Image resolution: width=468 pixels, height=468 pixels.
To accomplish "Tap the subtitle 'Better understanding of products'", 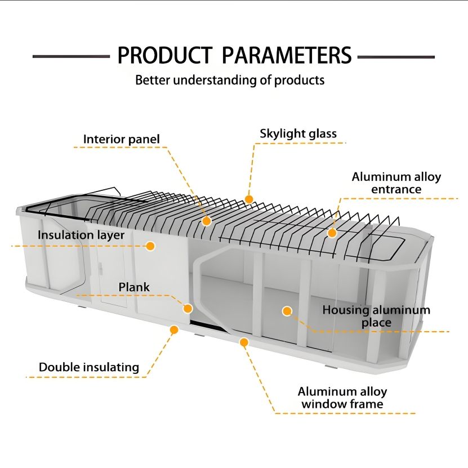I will coord(230,80).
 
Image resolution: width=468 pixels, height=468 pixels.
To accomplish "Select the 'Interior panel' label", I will coord(122,139).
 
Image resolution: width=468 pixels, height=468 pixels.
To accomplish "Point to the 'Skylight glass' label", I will coord(298,133).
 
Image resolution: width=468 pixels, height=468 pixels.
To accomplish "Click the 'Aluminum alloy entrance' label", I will coord(396,183).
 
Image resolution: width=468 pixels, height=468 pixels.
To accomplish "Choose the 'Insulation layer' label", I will coord(81,235).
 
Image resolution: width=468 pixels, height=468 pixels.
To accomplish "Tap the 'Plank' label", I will coord(134,287).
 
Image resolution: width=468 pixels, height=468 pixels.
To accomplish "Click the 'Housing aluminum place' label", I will coord(376,316).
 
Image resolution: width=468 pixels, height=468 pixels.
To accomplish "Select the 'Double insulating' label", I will coord(89,368).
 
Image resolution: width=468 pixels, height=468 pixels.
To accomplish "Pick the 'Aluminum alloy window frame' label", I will coord(342,398).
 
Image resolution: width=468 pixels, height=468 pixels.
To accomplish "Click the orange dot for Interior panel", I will coord(207,221).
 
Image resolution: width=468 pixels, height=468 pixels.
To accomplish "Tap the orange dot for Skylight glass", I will coord(249,199).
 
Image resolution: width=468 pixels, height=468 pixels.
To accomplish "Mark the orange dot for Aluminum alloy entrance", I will coord(332,233).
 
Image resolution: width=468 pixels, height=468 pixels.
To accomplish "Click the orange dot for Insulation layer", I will coord(150,246).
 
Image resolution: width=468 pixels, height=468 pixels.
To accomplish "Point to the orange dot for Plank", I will coord(188,308).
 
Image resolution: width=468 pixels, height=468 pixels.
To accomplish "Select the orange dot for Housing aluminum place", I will coord(287,310).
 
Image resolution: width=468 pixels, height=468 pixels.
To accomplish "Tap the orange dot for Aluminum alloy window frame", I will coord(244,342).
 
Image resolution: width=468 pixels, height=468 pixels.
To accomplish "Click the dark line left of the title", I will coord(71,57).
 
